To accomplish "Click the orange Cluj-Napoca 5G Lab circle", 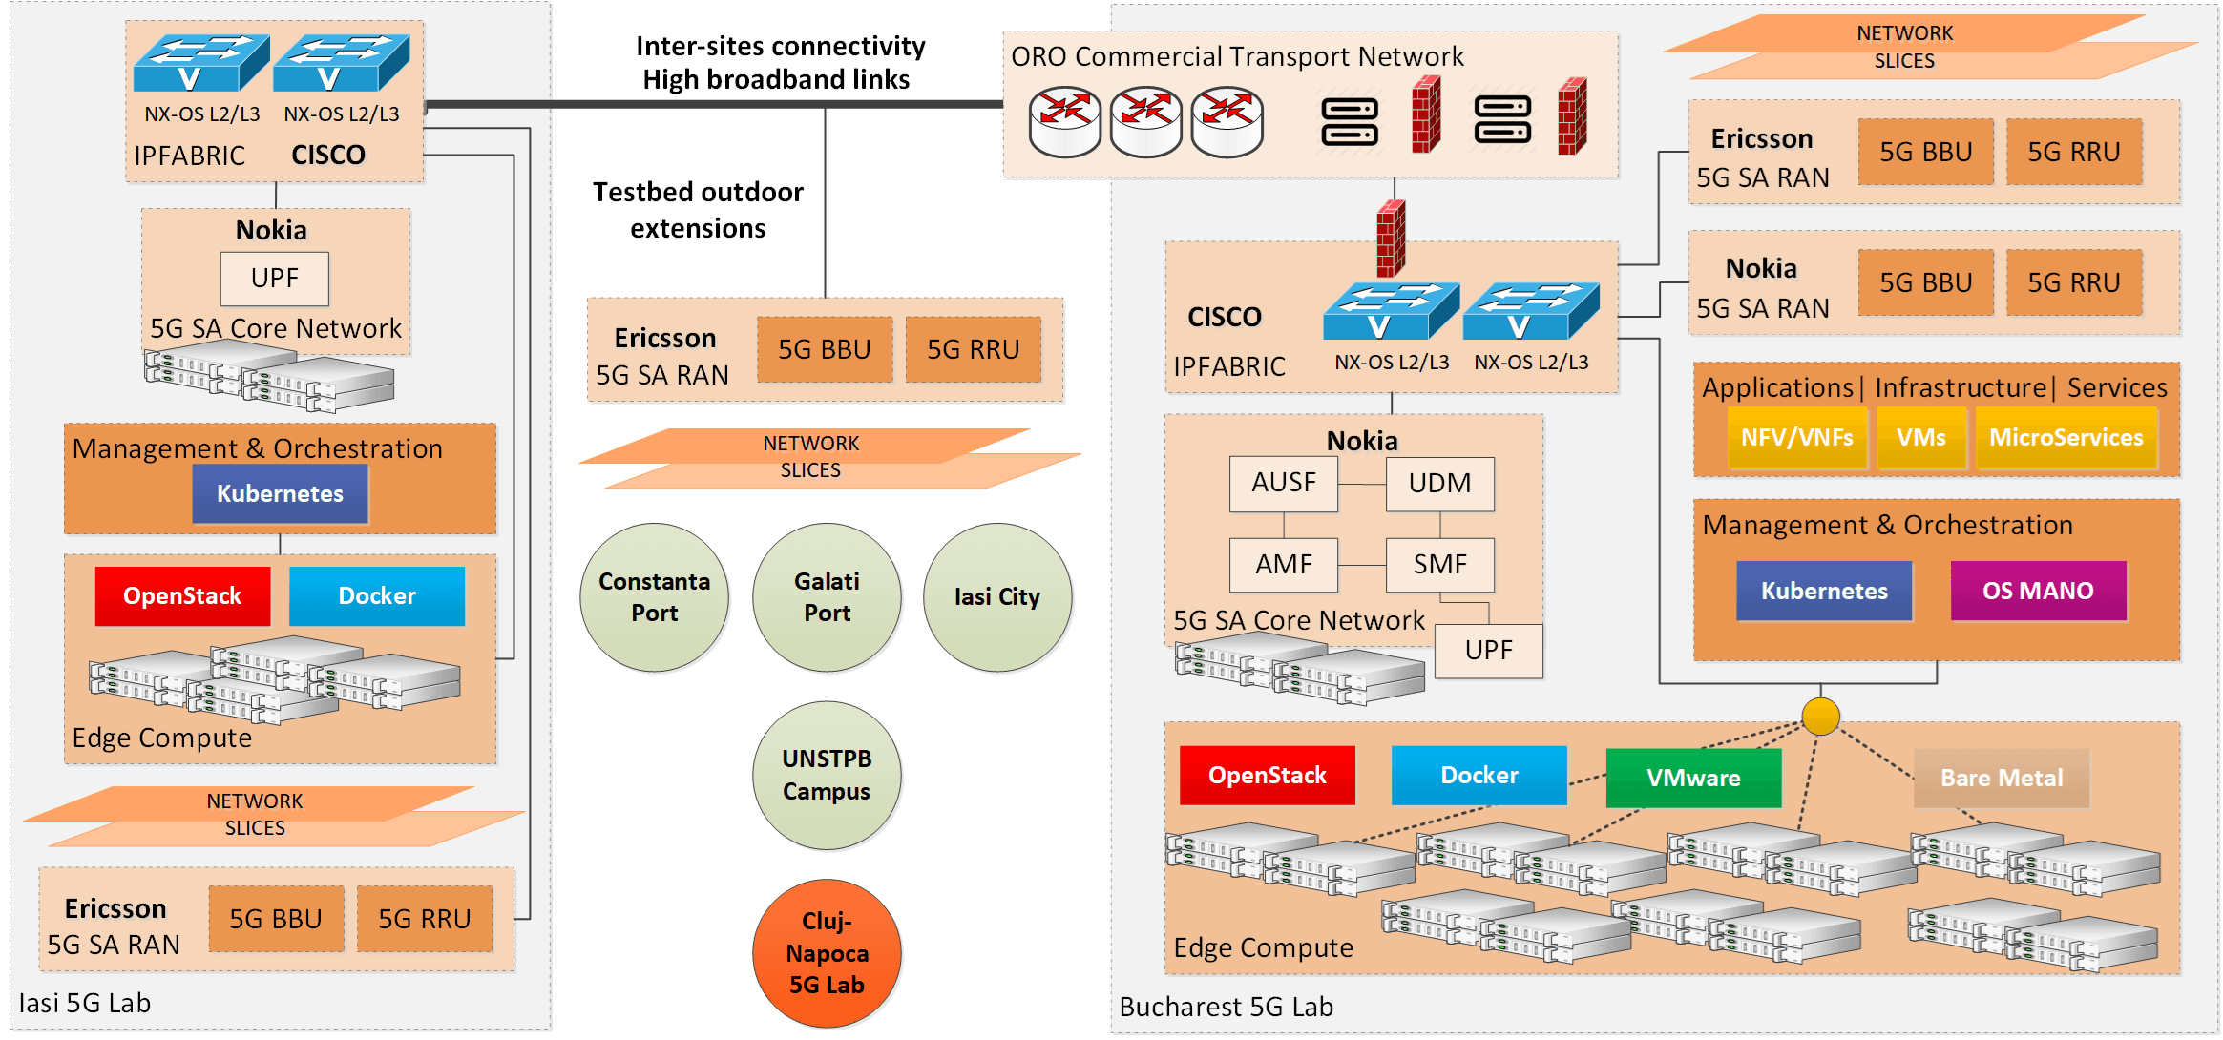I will coord(827,952).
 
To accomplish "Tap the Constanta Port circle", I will coord(654,597).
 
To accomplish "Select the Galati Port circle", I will coord(827,597).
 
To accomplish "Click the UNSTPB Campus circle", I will coord(827,775).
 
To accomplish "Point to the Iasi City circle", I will coord(997,597).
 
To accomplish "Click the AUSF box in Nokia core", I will coord(1284,484).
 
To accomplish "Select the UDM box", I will coord(1439,484).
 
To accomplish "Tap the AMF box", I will coord(1284,565).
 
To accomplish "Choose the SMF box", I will coord(1439,565).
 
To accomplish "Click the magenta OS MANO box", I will coord(2038,592).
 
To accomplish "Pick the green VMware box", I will coord(1693,778).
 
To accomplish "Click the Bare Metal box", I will coord(2002,778).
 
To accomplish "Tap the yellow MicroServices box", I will coord(2066,438).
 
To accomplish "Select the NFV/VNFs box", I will coord(1796,438).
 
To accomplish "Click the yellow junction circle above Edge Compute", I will coord(1820,716).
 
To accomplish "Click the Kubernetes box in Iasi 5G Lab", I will coord(280,494).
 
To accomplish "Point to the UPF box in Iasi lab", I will coord(275,279).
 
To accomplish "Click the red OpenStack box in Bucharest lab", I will coord(1267,776).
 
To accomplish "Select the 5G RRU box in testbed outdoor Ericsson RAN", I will coord(973,350).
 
